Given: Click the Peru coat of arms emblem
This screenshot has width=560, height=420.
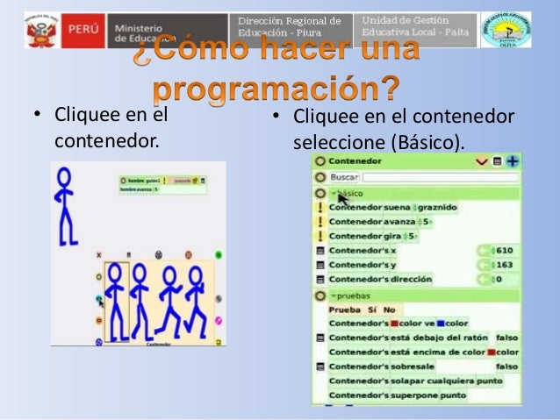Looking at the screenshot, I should pyautogui.click(x=40, y=31).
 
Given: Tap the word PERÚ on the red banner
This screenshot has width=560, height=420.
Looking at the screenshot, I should pyautogui.click(x=82, y=31).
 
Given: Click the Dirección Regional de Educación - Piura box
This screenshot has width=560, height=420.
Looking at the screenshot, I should pyautogui.click(x=289, y=28).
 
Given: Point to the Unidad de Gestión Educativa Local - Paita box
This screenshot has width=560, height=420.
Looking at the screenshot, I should pyautogui.click(x=416, y=28).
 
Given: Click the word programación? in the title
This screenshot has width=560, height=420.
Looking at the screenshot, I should pyautogui.click(x=277, y=89).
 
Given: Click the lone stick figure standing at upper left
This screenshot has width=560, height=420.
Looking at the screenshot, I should pyautogui.click(x=64, y=206).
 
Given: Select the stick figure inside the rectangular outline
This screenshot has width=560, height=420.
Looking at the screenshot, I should pyautogui.click(x=116, y=298).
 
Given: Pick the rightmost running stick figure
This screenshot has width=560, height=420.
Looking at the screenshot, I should pyautogui.click(x=196, y=302).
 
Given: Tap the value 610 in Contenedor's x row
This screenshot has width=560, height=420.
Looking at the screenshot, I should pyautogui.click(x=504, y=251).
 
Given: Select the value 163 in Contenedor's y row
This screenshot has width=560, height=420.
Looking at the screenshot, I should pyautogui.click(x=504, y=265).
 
